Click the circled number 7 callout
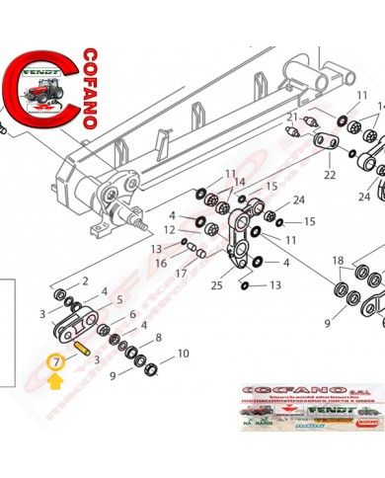click(56, 362)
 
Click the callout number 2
click(86, 281)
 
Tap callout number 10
click(182, 354)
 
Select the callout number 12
click(170, 230)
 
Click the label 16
click(160, 263)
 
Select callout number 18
click(339, 261)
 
